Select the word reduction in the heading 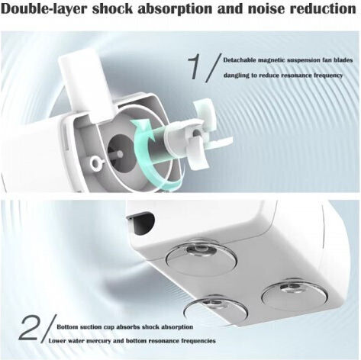click(323, 8)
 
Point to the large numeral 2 click(28, 328)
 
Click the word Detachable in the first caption click(240, 60)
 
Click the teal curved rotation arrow click(140, 153)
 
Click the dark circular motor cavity click(120, 152)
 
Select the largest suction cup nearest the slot click(201, 257)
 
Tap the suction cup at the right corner click(295, 294)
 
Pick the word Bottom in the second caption click(67, 326)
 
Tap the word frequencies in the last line click(198, 341)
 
